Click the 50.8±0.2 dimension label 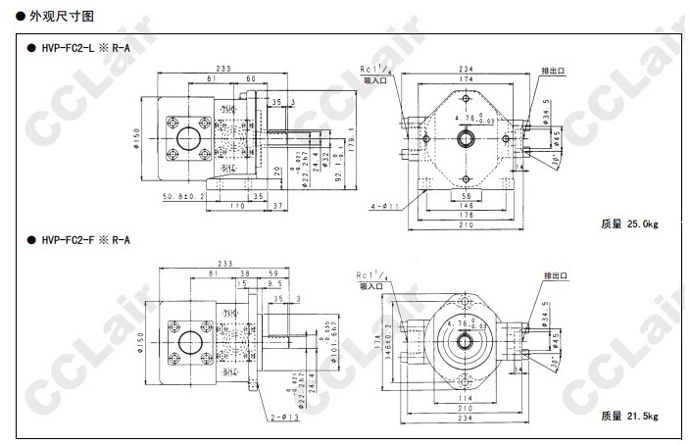(x=183, y=195)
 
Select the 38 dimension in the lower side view (x=244, y=273)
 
